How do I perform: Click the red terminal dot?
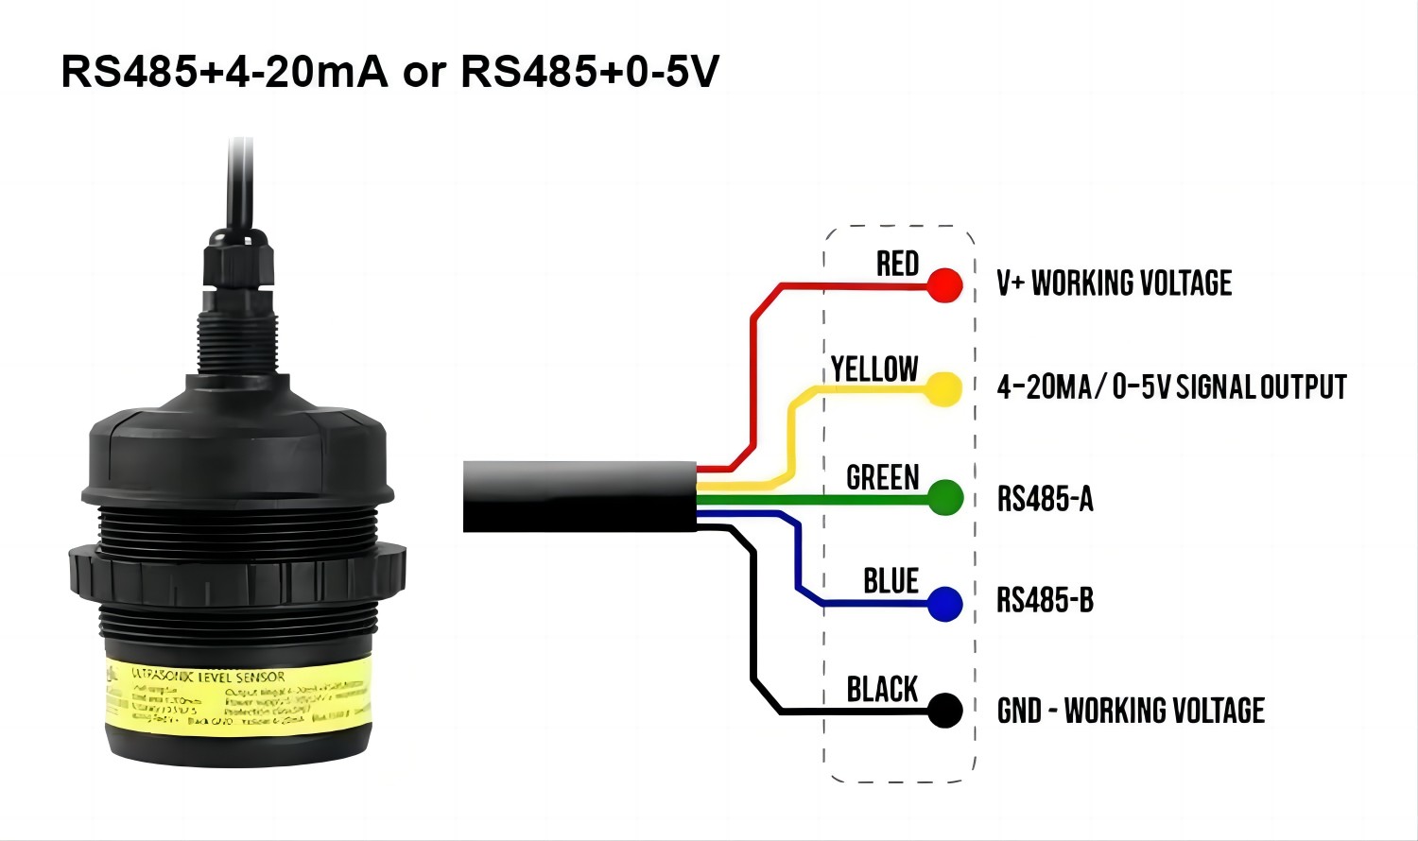click(x=944, y=284)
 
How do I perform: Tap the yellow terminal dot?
click(x=943, y=388)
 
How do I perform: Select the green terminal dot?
click(x=944, y=497)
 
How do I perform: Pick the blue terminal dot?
click(x=944, y=604)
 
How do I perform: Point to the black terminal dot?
click(x=944, y=710)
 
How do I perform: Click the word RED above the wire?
click(x=897, y=264)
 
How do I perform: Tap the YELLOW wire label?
click(x=874, y=369)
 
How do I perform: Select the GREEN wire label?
click(x=882, y=477)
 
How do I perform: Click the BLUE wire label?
click(x=891, y=581)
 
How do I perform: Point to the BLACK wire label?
click(x=882, y=689)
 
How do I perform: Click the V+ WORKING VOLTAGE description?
click(x=1114, y=283)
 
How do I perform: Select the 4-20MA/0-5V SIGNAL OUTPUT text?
click(x=1171, y=387)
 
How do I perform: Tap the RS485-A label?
click(x=1045, y=499)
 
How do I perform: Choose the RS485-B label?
click(x=1045, y=600)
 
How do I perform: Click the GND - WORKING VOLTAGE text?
click(x=1131, y=711)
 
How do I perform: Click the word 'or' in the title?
click(x=424, y=72)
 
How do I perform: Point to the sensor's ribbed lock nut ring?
click(x=236, y=572)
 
